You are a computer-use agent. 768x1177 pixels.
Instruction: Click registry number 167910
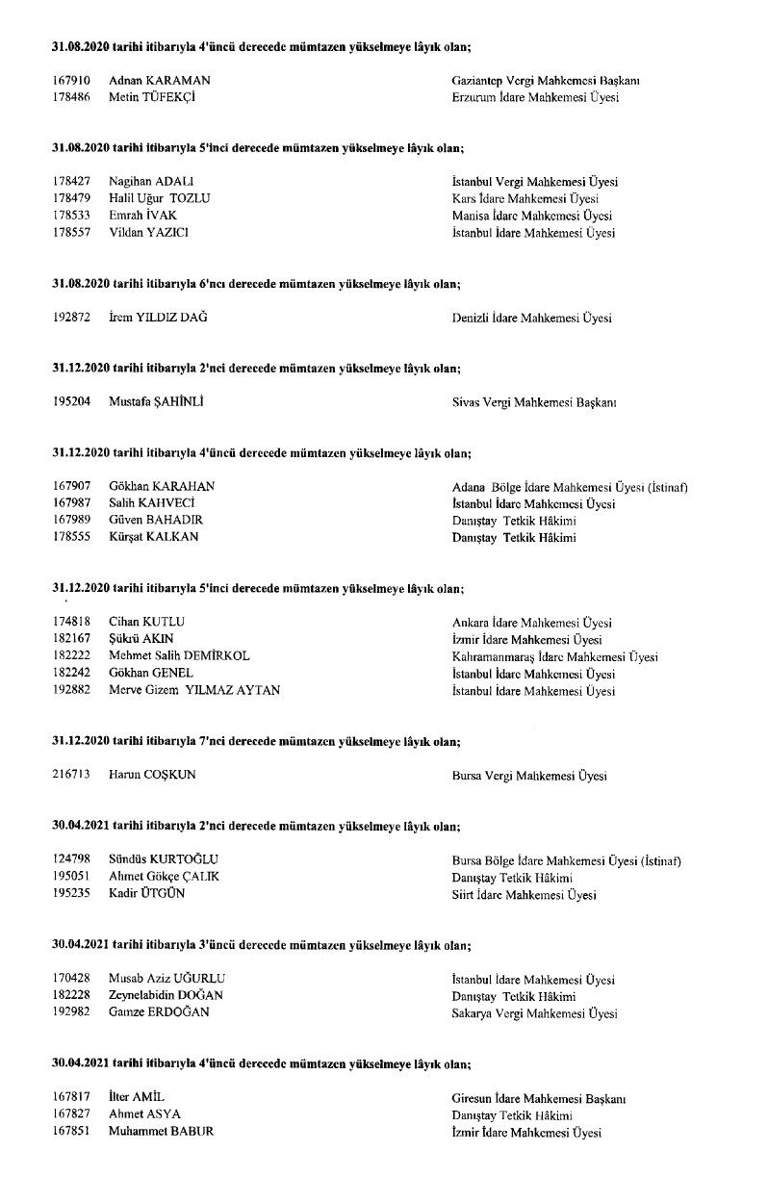pos(71,81)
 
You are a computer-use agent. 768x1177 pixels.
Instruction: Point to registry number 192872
pos(71,318)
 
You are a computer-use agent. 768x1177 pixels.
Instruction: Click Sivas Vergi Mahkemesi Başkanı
pos(534,402)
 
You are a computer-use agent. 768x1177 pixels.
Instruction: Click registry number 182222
pos(71,656)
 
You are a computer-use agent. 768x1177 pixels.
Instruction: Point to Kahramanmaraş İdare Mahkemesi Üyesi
pos(554,657)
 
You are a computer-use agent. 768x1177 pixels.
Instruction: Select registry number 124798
pos(71,859)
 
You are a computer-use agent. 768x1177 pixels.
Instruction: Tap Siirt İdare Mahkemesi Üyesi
pos(524,895)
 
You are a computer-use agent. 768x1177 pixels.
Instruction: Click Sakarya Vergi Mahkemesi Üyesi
pos(534,1013)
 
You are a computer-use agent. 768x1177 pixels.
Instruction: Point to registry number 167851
pos(71,1132)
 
